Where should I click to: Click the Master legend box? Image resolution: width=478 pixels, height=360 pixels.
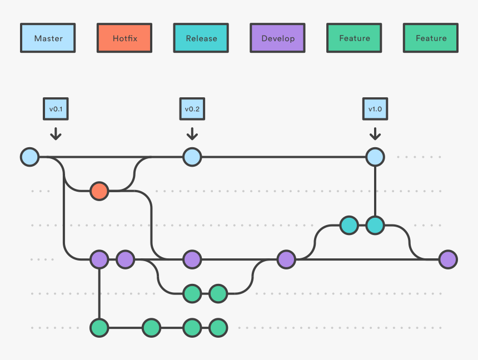click(48, 38)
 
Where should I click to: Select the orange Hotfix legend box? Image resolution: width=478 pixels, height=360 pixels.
click(125, 38)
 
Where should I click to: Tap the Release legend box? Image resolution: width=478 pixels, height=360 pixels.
click(201, 38)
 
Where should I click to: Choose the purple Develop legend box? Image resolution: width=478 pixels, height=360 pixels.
click(277, 38)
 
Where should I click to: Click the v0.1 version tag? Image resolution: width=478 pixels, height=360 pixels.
click(56, 109)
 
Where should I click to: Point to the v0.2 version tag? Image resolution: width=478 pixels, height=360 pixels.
click(192, 109)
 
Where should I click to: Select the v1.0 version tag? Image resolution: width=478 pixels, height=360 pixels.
click(375, 109)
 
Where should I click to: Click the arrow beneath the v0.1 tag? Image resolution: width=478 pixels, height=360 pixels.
click(56, 134)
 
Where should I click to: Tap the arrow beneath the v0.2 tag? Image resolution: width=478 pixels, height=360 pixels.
click(192, 134)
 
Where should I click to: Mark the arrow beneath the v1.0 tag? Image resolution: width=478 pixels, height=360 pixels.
click(375, 134)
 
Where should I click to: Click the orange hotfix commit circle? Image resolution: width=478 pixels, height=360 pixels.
click(99, 191)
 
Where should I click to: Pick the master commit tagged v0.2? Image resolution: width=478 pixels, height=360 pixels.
click(192, 157)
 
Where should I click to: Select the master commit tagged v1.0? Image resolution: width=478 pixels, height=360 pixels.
click(375, 157)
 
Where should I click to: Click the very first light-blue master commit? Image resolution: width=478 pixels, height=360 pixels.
click(29, 157)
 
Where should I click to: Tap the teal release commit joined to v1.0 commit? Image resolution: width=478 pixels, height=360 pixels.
click(375, 225)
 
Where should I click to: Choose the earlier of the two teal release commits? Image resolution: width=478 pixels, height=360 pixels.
click(349, 225)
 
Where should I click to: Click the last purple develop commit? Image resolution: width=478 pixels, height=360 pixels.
click(448, 259)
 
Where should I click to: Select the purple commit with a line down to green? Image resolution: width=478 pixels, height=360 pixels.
click(99, 259)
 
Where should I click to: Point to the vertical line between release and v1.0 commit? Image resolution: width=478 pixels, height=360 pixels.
click(375, 191)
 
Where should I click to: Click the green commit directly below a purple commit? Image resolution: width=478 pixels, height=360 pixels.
click(99, 328)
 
